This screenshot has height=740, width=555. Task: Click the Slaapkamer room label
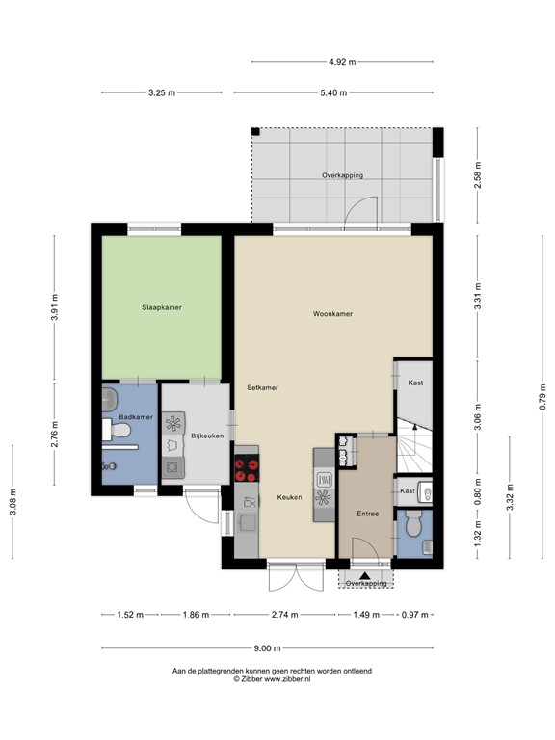[162, 307]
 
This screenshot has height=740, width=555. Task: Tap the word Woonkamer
[331, 314]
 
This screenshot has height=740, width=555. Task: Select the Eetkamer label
[262, 387]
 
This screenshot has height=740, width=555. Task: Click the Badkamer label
[136, 417]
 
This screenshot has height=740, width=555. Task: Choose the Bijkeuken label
[207, 436]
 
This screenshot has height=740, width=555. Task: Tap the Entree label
[366, 514]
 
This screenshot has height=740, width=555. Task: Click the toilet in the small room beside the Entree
[413, 527]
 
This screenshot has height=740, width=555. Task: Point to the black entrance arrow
[365, 574]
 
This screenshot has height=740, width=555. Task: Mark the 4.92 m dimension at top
[342, 62]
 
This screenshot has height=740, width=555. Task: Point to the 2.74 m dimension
[284, 614]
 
